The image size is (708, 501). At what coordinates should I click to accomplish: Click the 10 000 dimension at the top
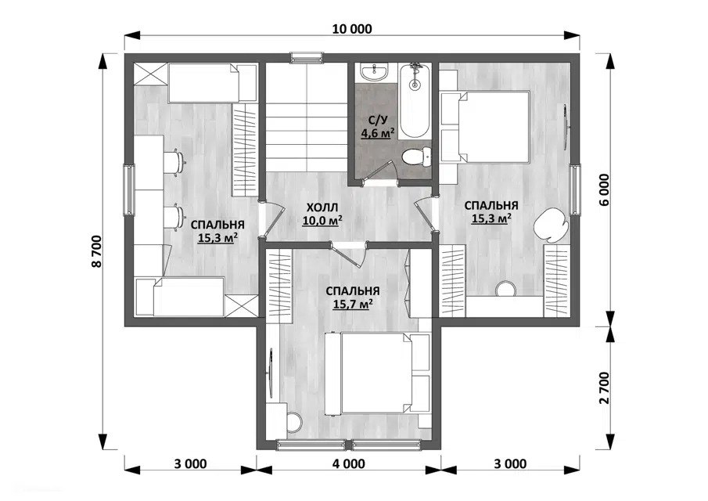(x=352, y=30)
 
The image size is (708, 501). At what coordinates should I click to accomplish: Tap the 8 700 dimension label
(x=98, y=252)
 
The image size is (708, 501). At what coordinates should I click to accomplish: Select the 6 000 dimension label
(x=604, y=189)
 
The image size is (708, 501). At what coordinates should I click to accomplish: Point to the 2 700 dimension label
(x=604, y=387)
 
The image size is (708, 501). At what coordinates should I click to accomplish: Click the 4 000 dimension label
(x=349, y=464)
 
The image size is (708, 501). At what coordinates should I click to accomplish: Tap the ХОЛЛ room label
(x=322, y=207)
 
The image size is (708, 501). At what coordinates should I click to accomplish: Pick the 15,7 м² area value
(x=353, y=304)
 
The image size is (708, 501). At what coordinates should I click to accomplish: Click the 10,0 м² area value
(x=322, y=221)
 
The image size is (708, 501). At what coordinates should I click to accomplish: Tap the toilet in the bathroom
(x=416, y=157)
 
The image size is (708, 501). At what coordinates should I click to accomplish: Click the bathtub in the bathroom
(x=414, y=100)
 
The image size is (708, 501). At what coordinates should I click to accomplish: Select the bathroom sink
(x=374, y=71)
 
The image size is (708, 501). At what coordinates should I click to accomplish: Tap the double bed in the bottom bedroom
(x=378, y=373)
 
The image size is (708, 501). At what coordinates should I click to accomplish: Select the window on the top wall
(x=307, y=57)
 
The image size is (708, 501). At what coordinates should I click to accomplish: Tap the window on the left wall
(x=128, y=190)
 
